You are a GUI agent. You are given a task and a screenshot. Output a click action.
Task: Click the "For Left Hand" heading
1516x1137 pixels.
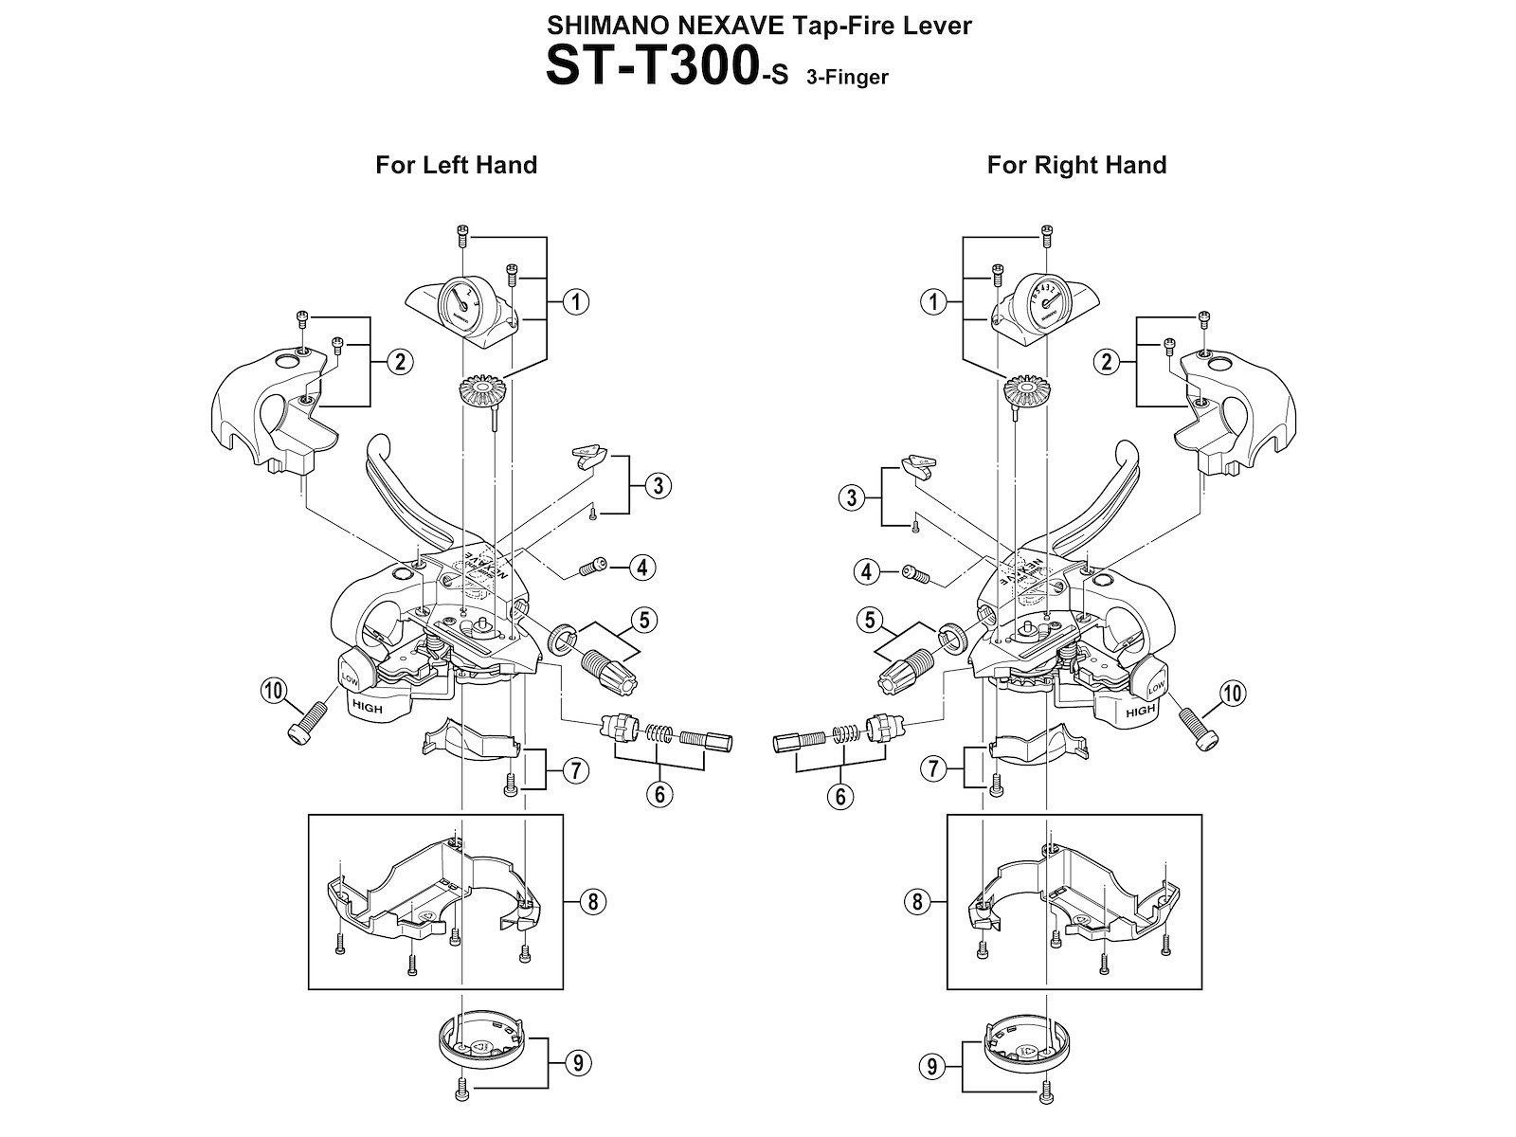click(x=456, y=165)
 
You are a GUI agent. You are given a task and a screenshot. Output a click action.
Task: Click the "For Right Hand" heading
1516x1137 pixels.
click(x=1076, y=165)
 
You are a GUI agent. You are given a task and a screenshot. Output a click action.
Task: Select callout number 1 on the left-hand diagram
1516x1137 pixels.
click(x=574, y=302)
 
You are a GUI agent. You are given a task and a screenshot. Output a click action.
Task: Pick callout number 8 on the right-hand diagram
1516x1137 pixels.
click(x=916, y=901)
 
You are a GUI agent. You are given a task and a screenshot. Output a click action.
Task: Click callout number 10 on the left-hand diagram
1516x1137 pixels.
click(x=275, y=693)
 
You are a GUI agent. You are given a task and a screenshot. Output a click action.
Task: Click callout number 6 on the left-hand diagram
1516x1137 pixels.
click(x=659, y=794)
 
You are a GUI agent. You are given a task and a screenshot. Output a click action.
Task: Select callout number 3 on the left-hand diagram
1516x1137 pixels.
click(x=658, y=486)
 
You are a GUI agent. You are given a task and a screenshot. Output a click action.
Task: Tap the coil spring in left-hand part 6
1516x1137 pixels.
click(x=659, y=734)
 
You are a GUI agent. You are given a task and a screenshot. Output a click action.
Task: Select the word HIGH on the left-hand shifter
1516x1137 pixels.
click(x=367, y=707)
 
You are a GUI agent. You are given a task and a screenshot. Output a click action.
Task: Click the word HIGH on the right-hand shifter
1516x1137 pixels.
click(x=1140, y=710)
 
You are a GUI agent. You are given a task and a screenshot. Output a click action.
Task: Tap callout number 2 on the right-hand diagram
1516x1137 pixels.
click(x=1105, y=361)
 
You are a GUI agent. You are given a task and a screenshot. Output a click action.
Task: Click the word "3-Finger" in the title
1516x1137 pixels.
click(x=847, y=78)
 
